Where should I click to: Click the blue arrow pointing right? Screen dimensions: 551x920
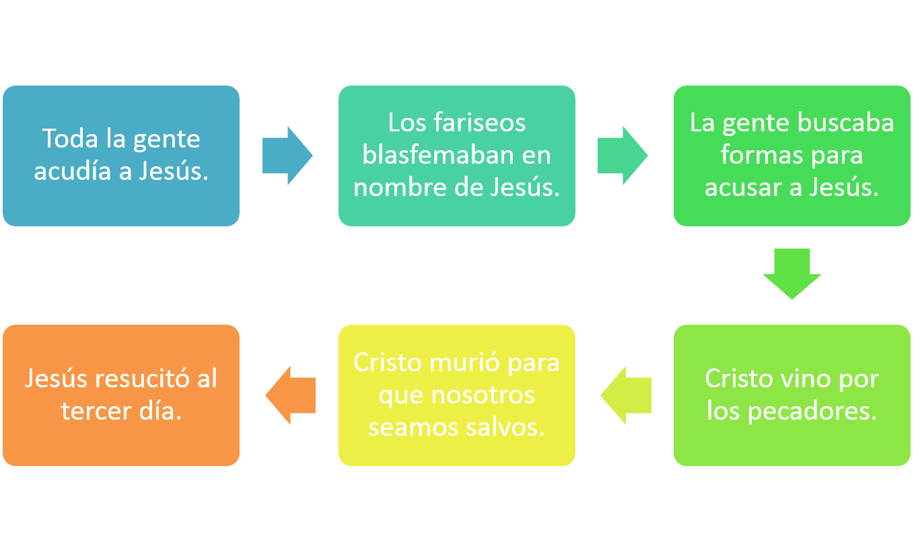click(286, 156)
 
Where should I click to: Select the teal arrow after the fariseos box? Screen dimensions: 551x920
click(621, 156)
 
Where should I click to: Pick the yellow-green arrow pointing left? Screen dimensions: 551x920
click(627, 395)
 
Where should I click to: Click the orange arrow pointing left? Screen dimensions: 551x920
click(291, 395)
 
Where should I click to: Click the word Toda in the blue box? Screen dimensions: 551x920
click(70, 139)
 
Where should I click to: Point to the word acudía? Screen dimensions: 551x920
click(73, 171)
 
